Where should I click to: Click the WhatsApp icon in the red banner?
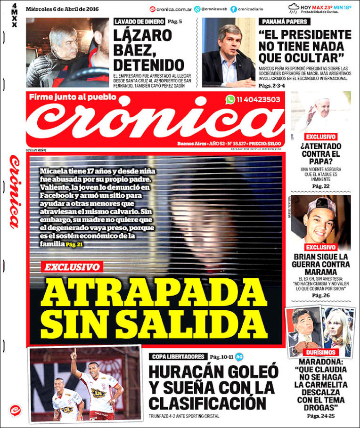[x=230, y=99]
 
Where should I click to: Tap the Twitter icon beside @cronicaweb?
[x=197, y=8]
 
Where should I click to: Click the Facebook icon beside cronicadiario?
[x=234, y=8]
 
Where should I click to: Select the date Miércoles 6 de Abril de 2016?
[x=59, y=8]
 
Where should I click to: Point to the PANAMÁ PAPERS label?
[x=285, y=22]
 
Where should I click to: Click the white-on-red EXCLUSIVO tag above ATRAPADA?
[x=72, y=267]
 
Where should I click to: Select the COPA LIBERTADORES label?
[x=177, y=356]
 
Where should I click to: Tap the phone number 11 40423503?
[x=259, y=99]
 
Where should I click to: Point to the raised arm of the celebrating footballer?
[x=74, y=360]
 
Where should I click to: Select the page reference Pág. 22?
[x=320, y=186]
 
